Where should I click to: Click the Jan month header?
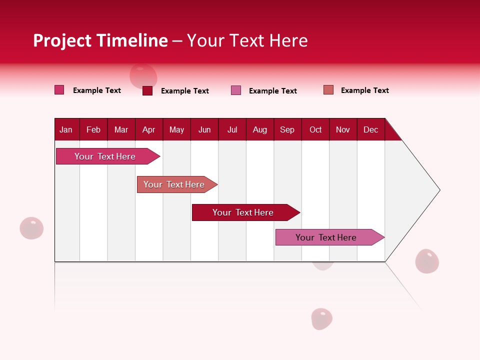pos(66,129)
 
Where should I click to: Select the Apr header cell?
pos(149,129)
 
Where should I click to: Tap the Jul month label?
pos(232,129)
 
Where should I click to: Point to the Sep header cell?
pos(287,129)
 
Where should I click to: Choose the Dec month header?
pos(370,129)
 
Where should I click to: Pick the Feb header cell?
pos(93,129)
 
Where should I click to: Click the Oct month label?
pos(315,129)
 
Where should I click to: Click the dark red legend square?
pos(147,90)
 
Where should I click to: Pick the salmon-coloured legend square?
pos(328,90)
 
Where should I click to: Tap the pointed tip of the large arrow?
pos(438,190)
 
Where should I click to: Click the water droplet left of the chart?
pos(31,228)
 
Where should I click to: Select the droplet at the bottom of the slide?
pos(321,318)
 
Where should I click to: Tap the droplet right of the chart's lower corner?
pos(427,261)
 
